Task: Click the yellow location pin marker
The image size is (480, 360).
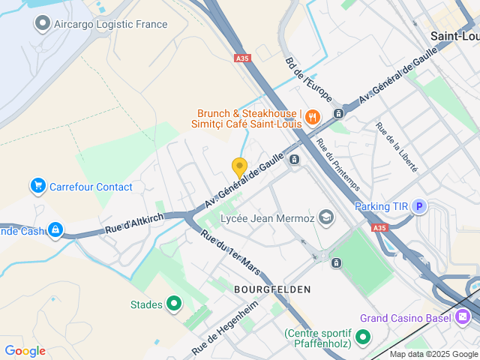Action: click(x=239, y=167)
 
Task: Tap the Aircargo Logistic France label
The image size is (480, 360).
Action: click(x=110, y=24)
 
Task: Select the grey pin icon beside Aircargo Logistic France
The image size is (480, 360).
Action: click(x=42, y=24)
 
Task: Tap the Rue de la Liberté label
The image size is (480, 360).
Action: click(x=395, y=147)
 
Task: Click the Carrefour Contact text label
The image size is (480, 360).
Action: click(x=91, y=187)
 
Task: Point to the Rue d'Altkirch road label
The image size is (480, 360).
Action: click(x=133, y=223)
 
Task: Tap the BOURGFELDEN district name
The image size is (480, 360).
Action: click(x=271, y=289)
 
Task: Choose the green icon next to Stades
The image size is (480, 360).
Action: click(x=174, y=304)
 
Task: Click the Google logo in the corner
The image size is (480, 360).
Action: click(x=25, y=351)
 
